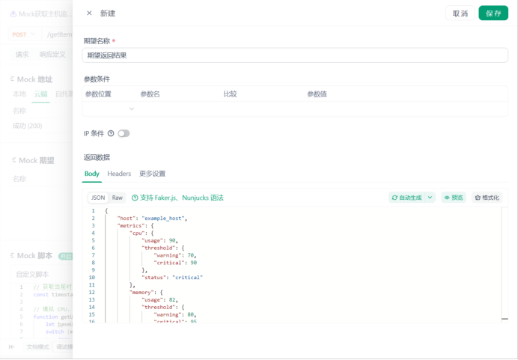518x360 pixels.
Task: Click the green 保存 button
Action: click(493, 13)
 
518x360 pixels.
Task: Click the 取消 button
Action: click(460, 13)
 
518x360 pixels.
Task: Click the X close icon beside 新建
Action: click(89, 13)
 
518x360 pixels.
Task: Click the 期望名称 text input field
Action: click(295, 55)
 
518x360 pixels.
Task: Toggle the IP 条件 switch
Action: click(124, 133)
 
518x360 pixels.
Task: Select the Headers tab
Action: click(119, 174)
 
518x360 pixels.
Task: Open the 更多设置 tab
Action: click(152, 174)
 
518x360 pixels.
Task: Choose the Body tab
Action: click(91, 174)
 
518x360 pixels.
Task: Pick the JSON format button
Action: click(98, 198)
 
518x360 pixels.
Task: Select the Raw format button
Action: click(118, 198)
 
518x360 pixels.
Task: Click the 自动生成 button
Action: click(407, 198)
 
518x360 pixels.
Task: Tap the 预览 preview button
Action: click(453, 198)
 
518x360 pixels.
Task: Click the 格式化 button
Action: click(487, 198)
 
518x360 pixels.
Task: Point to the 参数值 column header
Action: click(317, 94)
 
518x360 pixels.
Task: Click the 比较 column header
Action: click(230, 94)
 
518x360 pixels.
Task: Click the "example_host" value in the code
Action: click(164, 218)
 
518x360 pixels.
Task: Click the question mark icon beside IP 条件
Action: click(111, 133)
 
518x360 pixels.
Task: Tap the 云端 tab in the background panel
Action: click(40, 94)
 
